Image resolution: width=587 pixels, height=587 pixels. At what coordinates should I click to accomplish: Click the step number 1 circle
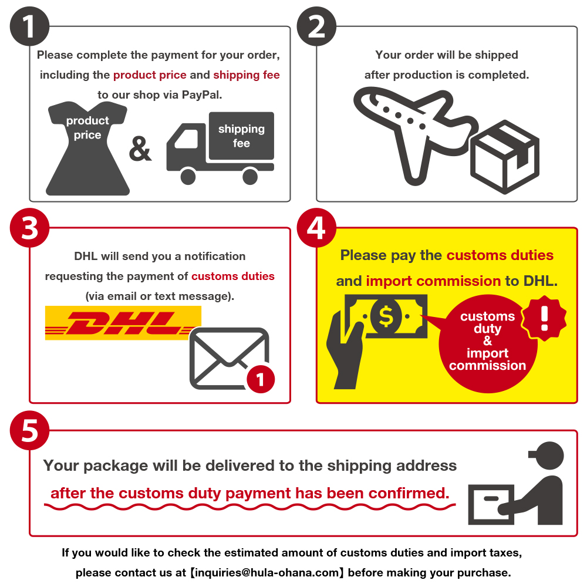pos(29,26)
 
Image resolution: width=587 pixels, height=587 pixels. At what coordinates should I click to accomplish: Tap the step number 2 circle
pos(316,26)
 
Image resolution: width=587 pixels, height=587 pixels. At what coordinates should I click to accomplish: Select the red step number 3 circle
pos(29,228)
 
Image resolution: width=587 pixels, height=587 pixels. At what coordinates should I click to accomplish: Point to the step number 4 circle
pos(316,228)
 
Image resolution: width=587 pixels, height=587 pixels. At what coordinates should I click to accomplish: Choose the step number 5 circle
pos(29,430)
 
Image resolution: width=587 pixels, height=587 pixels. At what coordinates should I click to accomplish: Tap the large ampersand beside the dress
pos(140,149)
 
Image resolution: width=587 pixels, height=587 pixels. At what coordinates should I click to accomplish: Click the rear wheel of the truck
pos(250,177)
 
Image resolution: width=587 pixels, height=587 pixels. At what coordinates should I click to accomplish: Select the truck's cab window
pos(187,139)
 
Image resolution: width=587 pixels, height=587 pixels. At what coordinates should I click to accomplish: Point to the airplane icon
pos(412,131)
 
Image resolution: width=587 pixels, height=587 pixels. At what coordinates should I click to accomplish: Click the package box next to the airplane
pos(505,157)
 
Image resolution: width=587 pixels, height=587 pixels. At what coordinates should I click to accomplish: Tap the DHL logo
pos(123,323)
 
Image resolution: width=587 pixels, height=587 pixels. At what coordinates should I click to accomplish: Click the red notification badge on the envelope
pos(261,379)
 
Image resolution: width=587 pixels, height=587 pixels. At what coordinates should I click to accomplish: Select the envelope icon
pos(229,359)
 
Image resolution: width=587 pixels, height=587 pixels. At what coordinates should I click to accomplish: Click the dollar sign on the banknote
pos(386,316)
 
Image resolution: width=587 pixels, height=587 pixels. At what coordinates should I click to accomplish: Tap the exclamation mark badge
pos(544,318)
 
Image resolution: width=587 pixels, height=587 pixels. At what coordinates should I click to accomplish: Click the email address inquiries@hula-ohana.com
pos(267,572)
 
